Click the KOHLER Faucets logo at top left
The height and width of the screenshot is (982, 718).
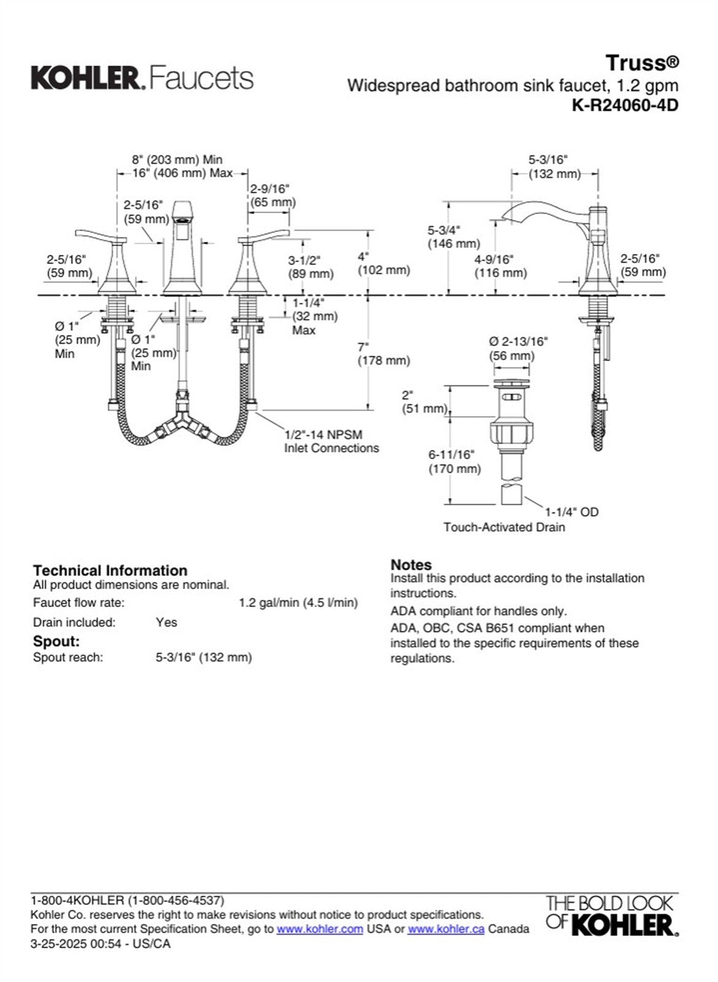point(142,78)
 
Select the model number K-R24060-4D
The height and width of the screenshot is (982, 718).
point(625,105)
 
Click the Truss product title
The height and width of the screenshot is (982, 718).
point(641,63)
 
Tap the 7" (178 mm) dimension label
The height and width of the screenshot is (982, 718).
point(384,354)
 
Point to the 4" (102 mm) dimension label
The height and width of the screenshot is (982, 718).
point(384,263)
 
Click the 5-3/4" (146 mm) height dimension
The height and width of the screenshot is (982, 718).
point(454,237)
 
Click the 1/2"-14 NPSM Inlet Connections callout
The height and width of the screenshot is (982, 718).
point(331,441)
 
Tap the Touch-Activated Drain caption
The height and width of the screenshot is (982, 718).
point(504,527)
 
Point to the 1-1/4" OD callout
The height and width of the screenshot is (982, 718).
point(571,512)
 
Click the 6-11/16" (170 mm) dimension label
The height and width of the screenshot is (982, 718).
point(454,462)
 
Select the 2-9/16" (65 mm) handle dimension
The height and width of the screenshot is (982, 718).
point(272,195)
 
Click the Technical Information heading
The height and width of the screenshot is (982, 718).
point(110,570)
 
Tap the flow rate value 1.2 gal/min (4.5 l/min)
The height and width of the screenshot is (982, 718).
point(298,603)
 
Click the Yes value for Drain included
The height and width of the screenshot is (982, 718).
point(166,622)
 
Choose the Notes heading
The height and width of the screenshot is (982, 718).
point(411,564)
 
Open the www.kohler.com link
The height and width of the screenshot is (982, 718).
point(320,929)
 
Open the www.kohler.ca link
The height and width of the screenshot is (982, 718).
point(446,929)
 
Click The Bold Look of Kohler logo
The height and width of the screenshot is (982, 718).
point(611,916)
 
